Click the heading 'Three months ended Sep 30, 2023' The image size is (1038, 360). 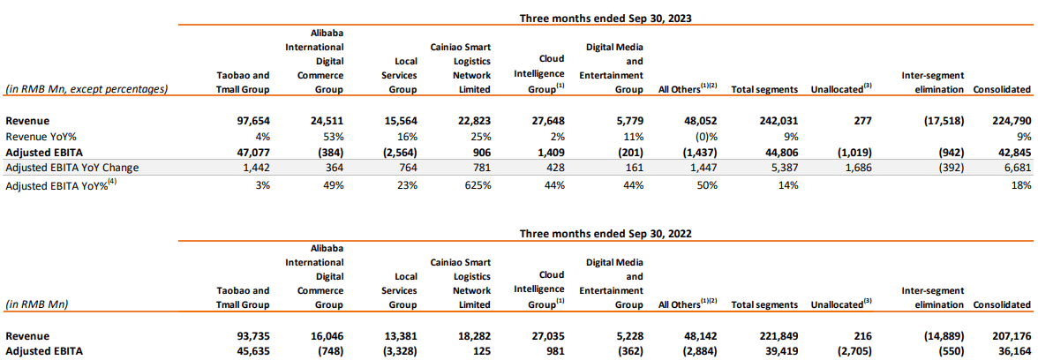coord(605,17)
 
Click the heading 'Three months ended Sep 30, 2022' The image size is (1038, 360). coord(605,234)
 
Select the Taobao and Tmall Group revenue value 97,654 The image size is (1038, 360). coord(250,120)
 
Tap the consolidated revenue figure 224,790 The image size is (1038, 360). coord(1011,120)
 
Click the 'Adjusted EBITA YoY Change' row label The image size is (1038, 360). coord(71,167)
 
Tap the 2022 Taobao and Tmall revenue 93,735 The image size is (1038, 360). coord(250,336)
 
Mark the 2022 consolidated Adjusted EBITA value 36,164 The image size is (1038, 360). coord(1011,351)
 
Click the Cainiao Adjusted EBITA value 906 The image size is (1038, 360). coord(478,151)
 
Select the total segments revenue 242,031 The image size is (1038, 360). coord(778,120)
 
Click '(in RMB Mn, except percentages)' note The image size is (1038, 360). coord(86,89)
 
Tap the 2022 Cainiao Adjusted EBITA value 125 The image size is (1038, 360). coord(479,351)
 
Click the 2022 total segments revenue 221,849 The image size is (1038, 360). coord(778,336)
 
